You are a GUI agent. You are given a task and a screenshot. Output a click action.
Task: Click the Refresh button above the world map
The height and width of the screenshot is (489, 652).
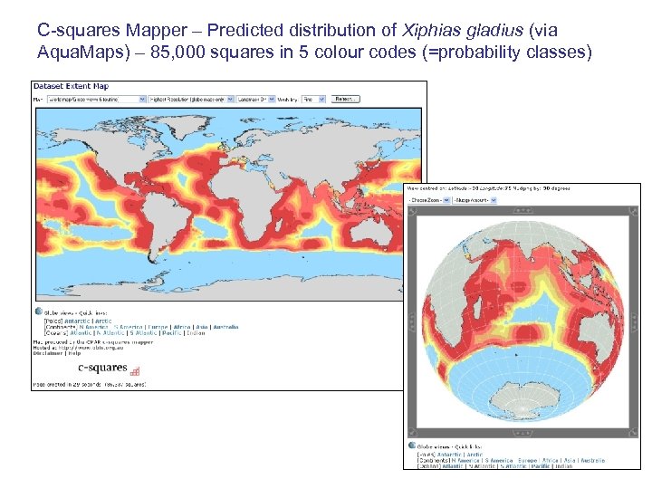click(x=344, y=98)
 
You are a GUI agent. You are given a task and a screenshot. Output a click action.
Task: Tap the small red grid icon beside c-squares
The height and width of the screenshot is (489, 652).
click(x=135, y=370)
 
